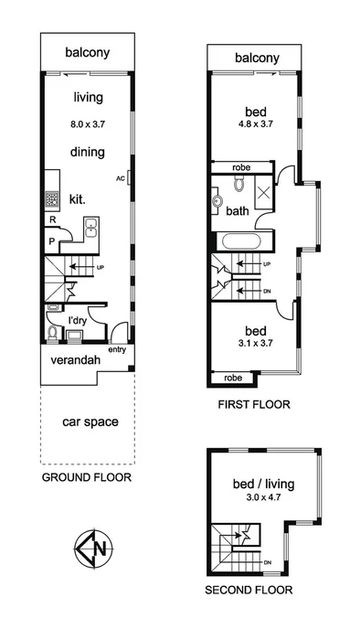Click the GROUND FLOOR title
[x=87, y=477]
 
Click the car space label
[x=88, y=422]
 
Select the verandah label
[x=77, y=360]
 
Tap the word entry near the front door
[x=118, y=349]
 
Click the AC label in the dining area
[x=121, y=179]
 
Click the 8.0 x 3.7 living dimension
[x=88, y=117]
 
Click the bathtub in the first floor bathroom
[x=243, y=242]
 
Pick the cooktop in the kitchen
[x=52, y=197]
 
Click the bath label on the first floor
[x=238, y=211]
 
